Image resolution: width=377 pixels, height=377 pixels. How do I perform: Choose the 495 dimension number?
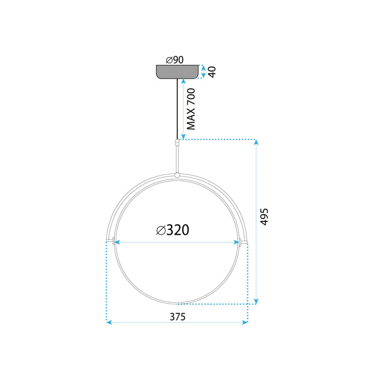click(263, 217)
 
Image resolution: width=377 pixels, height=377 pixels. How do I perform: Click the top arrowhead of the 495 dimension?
click(256, 142)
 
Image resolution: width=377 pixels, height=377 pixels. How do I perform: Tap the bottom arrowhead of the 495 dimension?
click(256, 301)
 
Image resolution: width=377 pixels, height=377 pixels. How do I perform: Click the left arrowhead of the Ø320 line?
click(117, 242)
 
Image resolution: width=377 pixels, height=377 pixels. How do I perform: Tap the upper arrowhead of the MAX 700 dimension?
click(183, 81)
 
